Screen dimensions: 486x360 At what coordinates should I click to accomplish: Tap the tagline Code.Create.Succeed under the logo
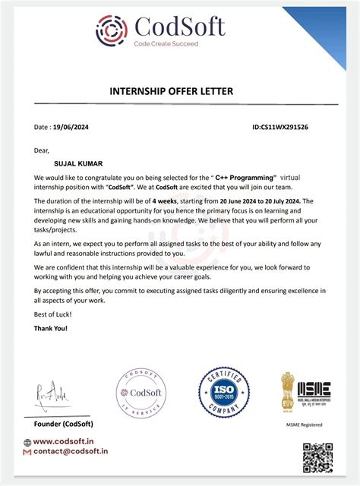point(166,45)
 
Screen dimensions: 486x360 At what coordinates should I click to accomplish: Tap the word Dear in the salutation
point(42,151)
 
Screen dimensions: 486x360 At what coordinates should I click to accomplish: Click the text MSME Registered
point(305,424)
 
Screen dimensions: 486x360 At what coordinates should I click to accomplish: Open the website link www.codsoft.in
point(68,441)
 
